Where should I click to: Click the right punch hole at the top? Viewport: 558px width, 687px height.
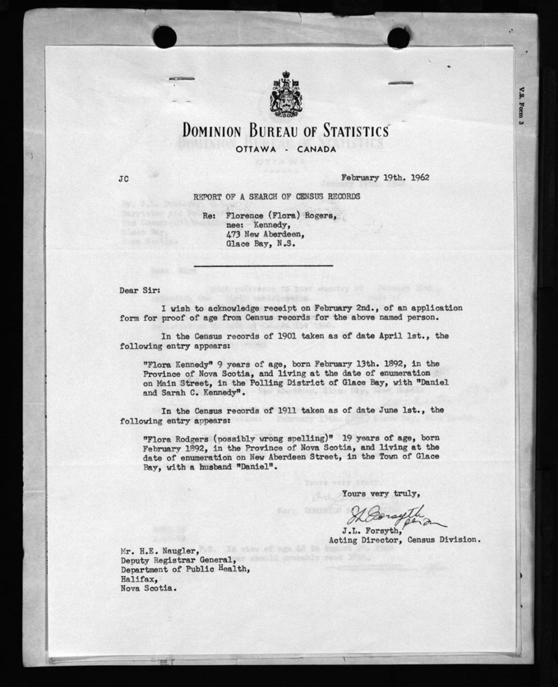(399, 37)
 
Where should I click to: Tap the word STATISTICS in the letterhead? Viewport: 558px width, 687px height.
(345, 129)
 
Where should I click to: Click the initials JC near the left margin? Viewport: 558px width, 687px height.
(123, 179)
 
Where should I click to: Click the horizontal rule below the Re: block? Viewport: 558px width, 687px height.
(263, 265)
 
